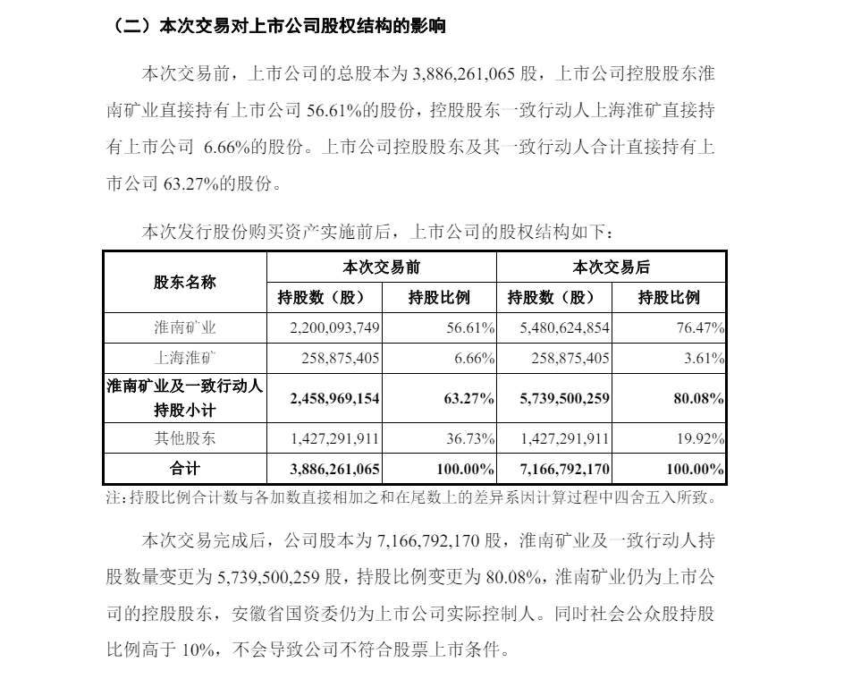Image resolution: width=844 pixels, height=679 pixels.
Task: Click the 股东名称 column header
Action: coord(184,282)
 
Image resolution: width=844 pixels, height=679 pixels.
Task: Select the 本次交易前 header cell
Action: coord(381,267)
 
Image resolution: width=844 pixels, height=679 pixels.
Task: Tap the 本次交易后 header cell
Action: coord(611,267)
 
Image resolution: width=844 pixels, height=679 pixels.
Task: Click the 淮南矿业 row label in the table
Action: coord(184,328)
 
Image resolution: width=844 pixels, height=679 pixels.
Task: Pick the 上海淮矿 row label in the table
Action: coord(184,360)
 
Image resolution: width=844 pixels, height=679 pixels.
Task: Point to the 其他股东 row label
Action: coord(184,438)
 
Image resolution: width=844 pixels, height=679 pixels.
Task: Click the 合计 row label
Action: coord(184,468)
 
